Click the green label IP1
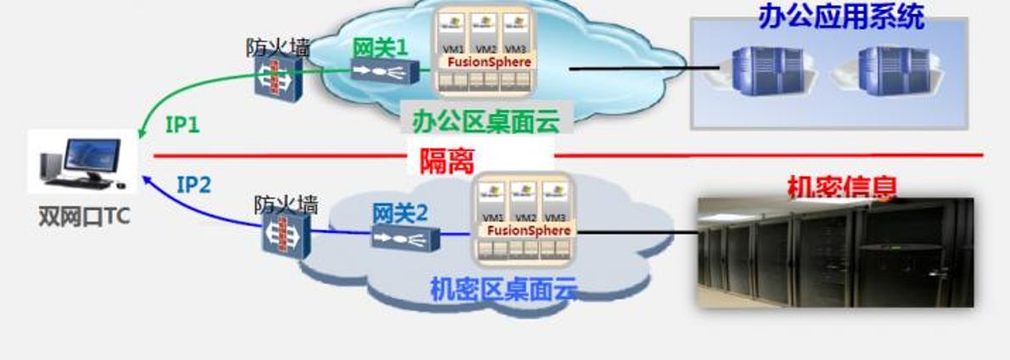[x=182, y=126]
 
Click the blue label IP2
[x=194, y=183]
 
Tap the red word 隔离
[x=446, y=160]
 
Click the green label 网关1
[x=380, y=47]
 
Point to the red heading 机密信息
[x=841, y=188]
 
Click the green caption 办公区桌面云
[x=486, y=121]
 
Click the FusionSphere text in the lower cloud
[x=529, y=230]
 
